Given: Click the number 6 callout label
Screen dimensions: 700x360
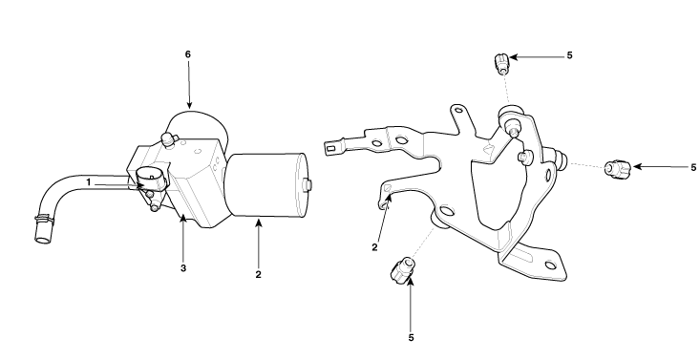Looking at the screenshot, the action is click(x=188, y=54).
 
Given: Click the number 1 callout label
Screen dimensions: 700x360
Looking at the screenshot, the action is click(x=89, y=182).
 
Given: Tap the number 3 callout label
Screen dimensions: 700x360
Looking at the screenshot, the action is click(x=183, y=268).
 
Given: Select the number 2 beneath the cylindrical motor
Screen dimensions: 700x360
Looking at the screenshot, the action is click(x=258, y=275).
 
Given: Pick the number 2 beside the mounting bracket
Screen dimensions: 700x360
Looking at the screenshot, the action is click(x=374, y=247).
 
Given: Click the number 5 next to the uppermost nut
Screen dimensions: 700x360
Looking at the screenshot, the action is click(x=569, y=55).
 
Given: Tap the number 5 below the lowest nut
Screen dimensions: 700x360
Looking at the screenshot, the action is click(x=412, y=338).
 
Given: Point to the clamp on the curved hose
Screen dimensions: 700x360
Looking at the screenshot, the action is click(x=43, y=220).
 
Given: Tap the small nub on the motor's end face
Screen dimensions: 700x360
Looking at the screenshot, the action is click(x=308, y=184).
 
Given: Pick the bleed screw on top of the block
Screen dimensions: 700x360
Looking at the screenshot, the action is click(x=169, y=139).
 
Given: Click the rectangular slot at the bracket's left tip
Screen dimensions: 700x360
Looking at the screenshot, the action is click(x=331, y=148).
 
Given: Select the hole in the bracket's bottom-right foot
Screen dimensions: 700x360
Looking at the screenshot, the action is click(x=550, y=265).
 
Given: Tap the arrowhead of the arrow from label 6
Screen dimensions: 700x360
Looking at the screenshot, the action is click(x=189, y=105).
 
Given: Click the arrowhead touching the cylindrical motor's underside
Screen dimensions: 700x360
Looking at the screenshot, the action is click(x=258, y=222).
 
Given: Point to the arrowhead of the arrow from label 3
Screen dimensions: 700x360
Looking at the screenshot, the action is click(x=183, y=219).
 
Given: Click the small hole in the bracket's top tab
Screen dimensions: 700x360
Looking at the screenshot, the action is click(x=458, y=110).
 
